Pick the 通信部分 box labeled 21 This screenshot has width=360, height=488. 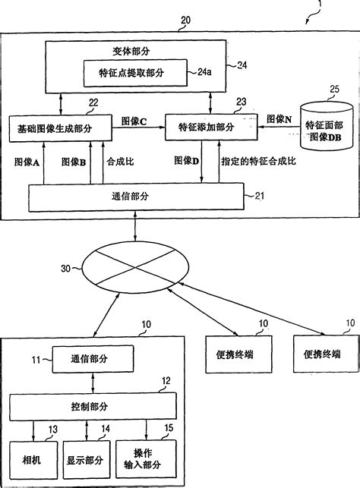134,197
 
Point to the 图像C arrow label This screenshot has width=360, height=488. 134,120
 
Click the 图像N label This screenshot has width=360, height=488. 279,120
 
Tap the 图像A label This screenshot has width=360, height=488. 27,162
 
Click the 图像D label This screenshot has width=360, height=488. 186,161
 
